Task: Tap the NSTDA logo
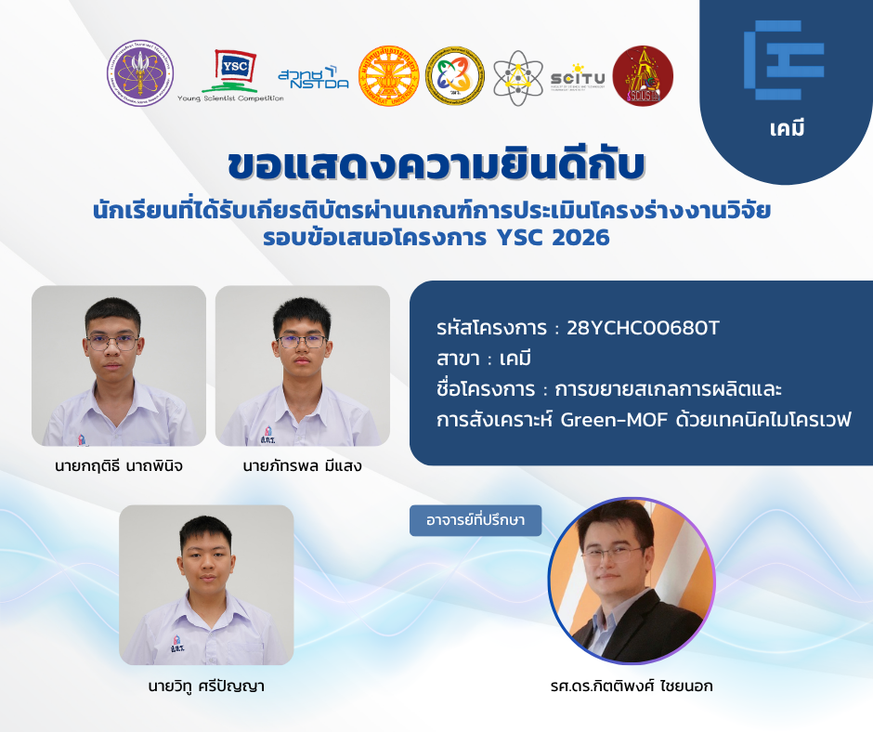314,77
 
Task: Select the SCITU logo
578,77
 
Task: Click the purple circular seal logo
140,73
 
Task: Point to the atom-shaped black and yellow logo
518,77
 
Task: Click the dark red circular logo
643,76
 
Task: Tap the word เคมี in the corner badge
787,129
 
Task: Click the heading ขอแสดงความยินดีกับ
436,164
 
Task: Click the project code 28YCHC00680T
643,328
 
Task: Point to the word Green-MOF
614,419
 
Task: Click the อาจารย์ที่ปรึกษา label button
476,520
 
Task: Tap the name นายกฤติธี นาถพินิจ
119,465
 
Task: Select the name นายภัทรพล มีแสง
303,465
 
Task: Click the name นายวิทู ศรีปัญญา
206,686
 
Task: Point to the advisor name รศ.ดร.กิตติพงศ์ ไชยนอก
632,686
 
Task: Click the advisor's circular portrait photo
632,581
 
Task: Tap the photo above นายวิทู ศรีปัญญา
206,585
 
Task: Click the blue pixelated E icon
784,60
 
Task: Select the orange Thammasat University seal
388,76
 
